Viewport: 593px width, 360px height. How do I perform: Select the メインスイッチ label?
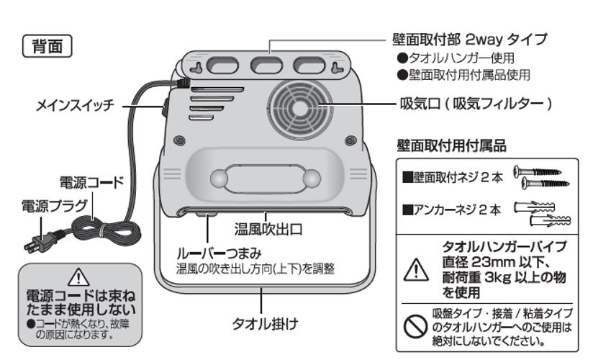[x=75, y=107]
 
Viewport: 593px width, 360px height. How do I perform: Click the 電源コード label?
[x=91, y=183]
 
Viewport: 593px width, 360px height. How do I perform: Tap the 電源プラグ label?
[x=47, y=205]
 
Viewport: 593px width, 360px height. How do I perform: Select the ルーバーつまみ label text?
[x=219, y=254]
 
